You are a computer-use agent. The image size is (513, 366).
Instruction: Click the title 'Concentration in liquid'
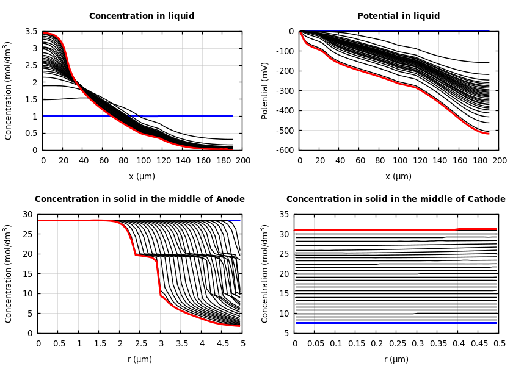pyautogui.click(x=142, y=16)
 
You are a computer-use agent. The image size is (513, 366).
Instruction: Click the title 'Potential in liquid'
pyautogui.click(x=398, y=16)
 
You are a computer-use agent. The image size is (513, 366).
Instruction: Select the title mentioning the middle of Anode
pyautogui.click(x=140, y=199)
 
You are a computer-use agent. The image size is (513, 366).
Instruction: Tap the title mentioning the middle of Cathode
pyautogui.click(x=396, y=199)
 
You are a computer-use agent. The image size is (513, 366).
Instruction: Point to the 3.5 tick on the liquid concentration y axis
pyautogui.click(x=31, y=31)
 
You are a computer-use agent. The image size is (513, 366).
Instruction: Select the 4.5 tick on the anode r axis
pyautogui.click(x=222, y=343)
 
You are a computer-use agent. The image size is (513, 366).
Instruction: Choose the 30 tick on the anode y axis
pyautogui.click(x=27, y=214)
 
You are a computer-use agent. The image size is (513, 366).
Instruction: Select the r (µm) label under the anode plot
pyautogui.click(x=140, y=359)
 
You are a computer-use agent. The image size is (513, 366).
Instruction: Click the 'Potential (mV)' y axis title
pyautogui.click(x=265, y=90)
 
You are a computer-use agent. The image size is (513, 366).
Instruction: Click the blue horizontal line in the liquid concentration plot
pyautogui.click(x=183, y=116)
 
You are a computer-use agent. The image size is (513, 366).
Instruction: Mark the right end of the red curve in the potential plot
pyautogui.click(x=489, y=133)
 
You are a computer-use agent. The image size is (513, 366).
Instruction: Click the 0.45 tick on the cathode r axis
pyautogui.click(x=479, y=343)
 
